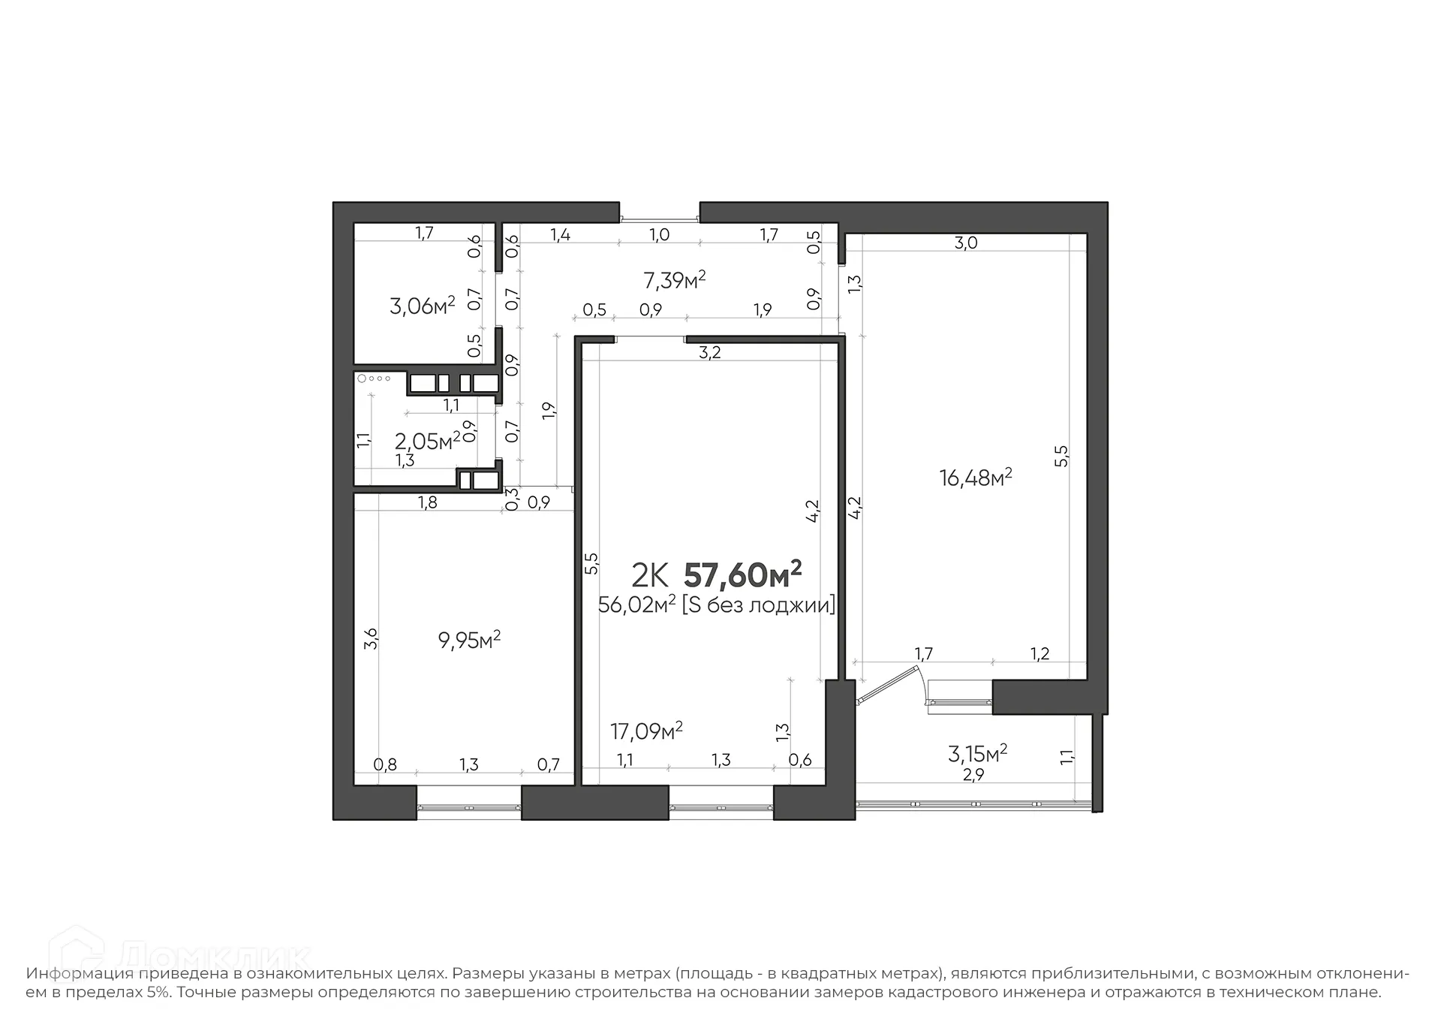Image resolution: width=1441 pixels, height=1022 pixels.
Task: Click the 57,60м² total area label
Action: coord(742,575)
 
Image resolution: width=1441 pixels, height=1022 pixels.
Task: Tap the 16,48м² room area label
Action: coord(976,478)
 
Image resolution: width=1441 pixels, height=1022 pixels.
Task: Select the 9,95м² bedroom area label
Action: coord(469,641)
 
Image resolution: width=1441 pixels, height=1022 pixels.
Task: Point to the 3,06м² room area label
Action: coord(422,306)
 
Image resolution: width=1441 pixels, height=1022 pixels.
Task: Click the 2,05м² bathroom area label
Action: coord(427,441)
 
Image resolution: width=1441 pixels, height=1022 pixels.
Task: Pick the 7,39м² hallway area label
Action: coord(674,281)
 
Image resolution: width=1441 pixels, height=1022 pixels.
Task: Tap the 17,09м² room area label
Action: coord(645,731)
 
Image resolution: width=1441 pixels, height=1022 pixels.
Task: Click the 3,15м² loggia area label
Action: coord(977,752)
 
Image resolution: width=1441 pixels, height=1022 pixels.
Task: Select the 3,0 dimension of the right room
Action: coord(965,243)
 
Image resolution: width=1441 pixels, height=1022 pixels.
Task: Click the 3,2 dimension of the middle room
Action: coord(709,352)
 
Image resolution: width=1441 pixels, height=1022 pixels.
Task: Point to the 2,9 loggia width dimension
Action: coord(973,775)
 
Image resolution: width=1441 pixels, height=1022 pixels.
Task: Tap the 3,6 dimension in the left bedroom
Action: coord(370,638)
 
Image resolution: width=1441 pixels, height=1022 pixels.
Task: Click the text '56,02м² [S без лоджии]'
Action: coord(716,604)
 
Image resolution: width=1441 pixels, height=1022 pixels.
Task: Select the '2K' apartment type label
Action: coord(649,576)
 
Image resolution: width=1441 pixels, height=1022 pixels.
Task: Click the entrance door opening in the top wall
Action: coord(660,219)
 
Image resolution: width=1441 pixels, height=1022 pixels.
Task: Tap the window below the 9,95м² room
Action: coord(468,807)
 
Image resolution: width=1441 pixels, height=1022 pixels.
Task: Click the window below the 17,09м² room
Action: coord(720,807)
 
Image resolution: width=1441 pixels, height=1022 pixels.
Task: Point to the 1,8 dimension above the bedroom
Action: coord(427,503)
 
